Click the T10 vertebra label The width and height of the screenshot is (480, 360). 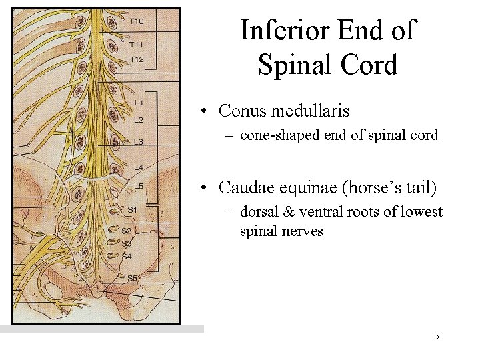click(x=136, y=21)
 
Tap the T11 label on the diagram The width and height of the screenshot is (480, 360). click(x=136, y=45)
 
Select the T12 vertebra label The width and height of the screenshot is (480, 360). click(x=136, y=59)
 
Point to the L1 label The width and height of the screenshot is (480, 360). click(x=139, y=103)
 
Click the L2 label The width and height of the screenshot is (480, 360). click(x=139, y=120)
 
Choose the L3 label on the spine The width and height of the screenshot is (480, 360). click(x=139, y=141)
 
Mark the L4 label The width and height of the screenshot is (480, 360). click(x=139, y=167)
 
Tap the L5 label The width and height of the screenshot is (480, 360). click(x=139, y=186)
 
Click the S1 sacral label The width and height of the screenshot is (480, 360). click(x=132, y=209)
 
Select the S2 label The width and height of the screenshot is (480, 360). click(x=127, y=231)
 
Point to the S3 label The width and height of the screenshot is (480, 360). click(x=127, y=243)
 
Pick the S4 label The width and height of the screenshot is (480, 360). click(x=127, y=256)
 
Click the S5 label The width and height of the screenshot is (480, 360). click(x=132, y=277)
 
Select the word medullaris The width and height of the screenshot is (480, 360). click(x=310, y=110)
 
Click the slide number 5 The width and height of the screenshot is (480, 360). click(x=437, y=336)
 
